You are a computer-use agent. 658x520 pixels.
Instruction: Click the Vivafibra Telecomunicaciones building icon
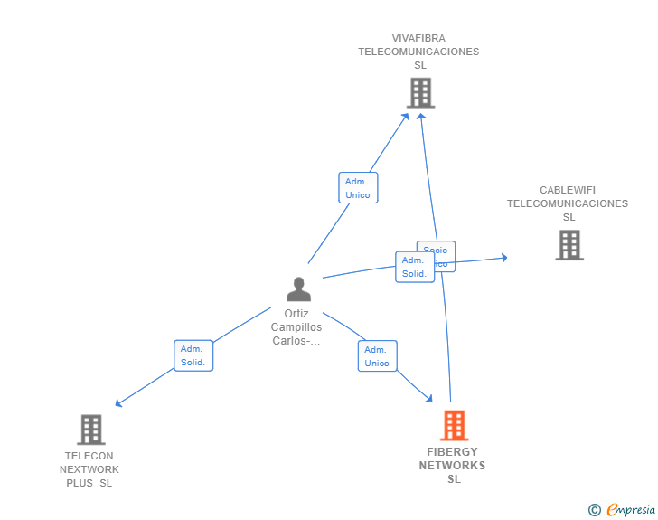[420, 92]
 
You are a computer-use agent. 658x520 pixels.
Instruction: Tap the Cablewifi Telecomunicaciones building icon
[569, 245]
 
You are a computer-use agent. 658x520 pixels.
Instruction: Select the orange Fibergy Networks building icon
[454, 425]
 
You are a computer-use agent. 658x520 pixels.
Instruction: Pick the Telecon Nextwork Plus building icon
[90, 430]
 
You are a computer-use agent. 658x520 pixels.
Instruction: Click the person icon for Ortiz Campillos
[298, 289]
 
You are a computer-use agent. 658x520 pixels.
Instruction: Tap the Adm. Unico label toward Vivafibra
[358, 188]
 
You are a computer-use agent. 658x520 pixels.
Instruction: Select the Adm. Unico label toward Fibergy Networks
[377, 356]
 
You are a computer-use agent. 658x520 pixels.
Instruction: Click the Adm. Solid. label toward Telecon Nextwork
[193, 355]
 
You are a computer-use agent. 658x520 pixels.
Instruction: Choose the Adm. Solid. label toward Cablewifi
[414, 267]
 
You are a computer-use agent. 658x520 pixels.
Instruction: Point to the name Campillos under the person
[296, 327]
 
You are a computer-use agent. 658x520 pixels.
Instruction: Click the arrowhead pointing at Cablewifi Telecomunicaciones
[503, 258]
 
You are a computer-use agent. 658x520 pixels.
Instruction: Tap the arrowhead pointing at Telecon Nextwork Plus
[118, 403]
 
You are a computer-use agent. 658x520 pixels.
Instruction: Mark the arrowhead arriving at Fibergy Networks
[429, 398]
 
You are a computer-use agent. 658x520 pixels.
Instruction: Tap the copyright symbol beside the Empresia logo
[594, 510]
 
